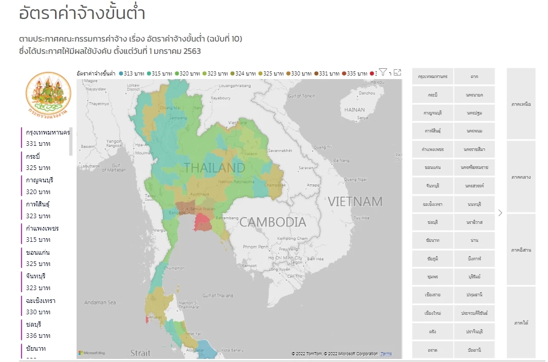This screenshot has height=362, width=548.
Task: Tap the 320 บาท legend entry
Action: [x=188, y=73]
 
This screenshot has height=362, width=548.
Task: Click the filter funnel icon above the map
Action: [x=383, y=72]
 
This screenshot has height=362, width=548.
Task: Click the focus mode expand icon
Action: [x=397, y=73]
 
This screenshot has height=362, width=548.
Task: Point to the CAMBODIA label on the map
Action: [x=272, y=222]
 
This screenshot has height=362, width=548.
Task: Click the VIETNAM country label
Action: [x=355, y=201]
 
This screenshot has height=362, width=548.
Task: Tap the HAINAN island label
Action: [x=354, y=110]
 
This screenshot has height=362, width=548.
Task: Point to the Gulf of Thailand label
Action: [x=217, y=296]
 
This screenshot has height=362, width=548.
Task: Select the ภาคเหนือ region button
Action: [x=521, y=104]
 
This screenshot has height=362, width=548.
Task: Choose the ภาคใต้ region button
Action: [x=521, y=323]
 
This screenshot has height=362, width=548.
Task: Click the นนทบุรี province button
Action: [x=474, y=204]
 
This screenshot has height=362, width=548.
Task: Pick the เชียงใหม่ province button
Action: [x=432, y=313]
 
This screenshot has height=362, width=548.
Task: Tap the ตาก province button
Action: [x=474, y=77]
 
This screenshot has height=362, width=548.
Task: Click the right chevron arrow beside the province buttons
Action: [x=500, y=213]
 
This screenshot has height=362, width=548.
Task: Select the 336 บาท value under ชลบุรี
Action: [x=38, y=336]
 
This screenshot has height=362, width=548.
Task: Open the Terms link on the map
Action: [x=386, y=354]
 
